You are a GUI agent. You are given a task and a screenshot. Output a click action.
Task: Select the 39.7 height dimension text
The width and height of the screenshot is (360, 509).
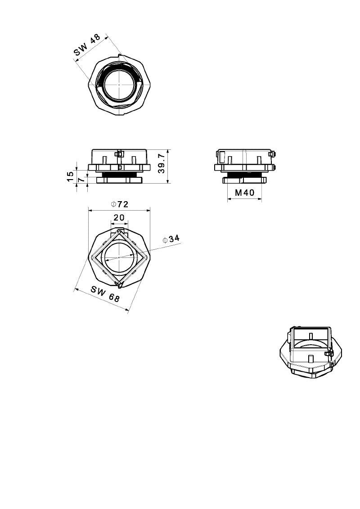162,163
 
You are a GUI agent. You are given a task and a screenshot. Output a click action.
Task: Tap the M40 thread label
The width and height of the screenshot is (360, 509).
244,193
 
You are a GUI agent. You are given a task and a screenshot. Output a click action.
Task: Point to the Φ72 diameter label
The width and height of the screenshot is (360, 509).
119,204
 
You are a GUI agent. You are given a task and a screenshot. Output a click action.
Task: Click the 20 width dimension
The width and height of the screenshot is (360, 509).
119,217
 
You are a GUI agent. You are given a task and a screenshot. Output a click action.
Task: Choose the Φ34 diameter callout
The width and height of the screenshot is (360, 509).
171,239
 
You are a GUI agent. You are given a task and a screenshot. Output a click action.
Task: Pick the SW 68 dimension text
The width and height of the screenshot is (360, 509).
105,294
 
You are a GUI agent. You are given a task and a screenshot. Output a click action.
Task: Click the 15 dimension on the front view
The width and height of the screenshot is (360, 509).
70,176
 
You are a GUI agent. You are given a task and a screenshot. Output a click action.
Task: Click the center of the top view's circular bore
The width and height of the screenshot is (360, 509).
119,84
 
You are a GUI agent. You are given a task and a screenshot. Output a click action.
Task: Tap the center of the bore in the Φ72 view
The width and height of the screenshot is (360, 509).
119,257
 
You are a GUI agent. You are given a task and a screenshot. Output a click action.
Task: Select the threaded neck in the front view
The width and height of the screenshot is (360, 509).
119,174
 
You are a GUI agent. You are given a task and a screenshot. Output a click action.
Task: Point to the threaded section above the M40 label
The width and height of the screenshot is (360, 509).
244,175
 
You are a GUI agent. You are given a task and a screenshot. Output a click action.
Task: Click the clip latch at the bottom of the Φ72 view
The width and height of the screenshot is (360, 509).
120,285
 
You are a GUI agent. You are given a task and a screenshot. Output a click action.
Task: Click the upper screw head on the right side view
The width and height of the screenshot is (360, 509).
274,154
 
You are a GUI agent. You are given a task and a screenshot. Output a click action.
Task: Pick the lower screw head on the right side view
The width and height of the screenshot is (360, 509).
274,168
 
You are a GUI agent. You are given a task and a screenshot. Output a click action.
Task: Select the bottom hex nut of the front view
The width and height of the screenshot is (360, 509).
119,180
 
